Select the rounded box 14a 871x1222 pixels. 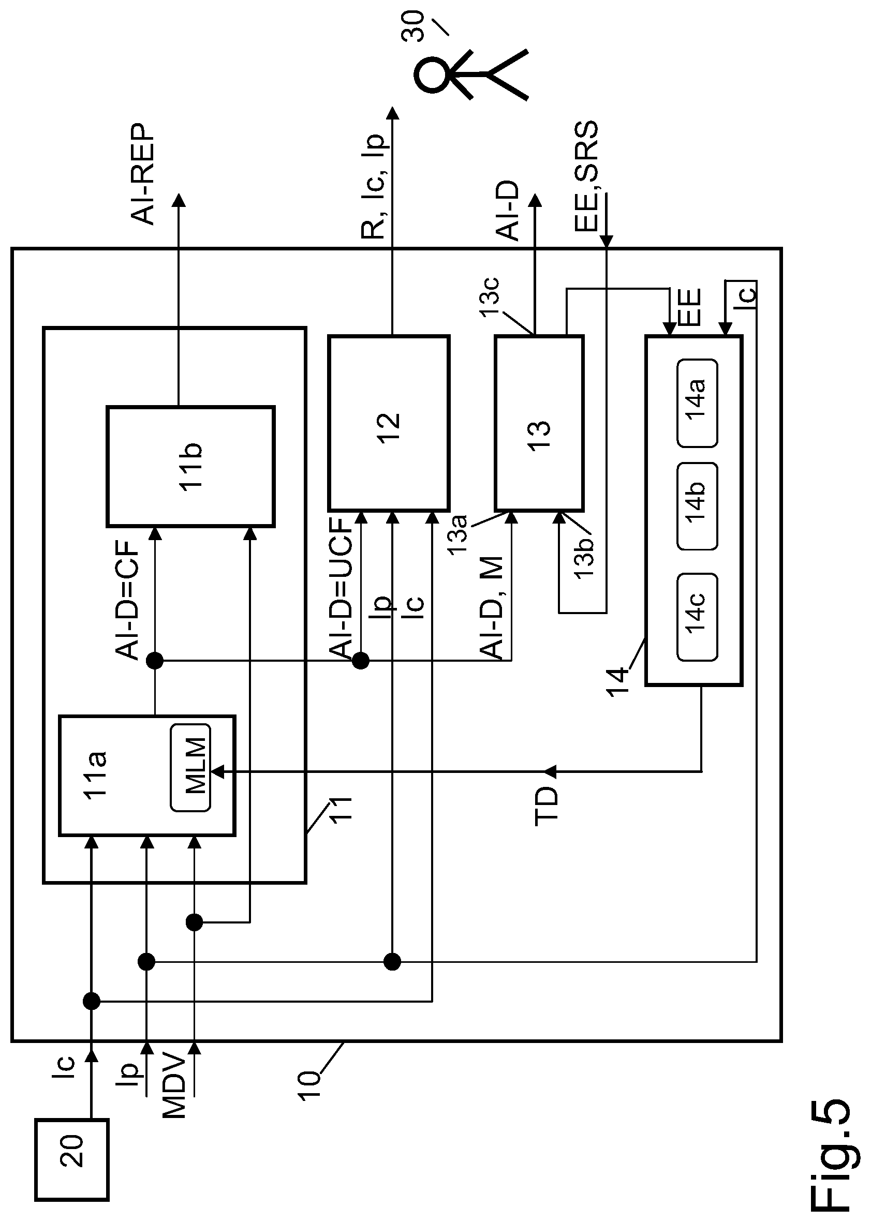click(697, 403)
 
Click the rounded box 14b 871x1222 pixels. click(697, 506)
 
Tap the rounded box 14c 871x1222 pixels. click(697, 617)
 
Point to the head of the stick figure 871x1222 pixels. click(432, 76)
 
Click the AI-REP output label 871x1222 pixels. click(143, 174)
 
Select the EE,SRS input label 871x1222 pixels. click(586, 176)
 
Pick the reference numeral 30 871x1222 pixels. click(412, 27)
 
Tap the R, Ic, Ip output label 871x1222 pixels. click(373, 187)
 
